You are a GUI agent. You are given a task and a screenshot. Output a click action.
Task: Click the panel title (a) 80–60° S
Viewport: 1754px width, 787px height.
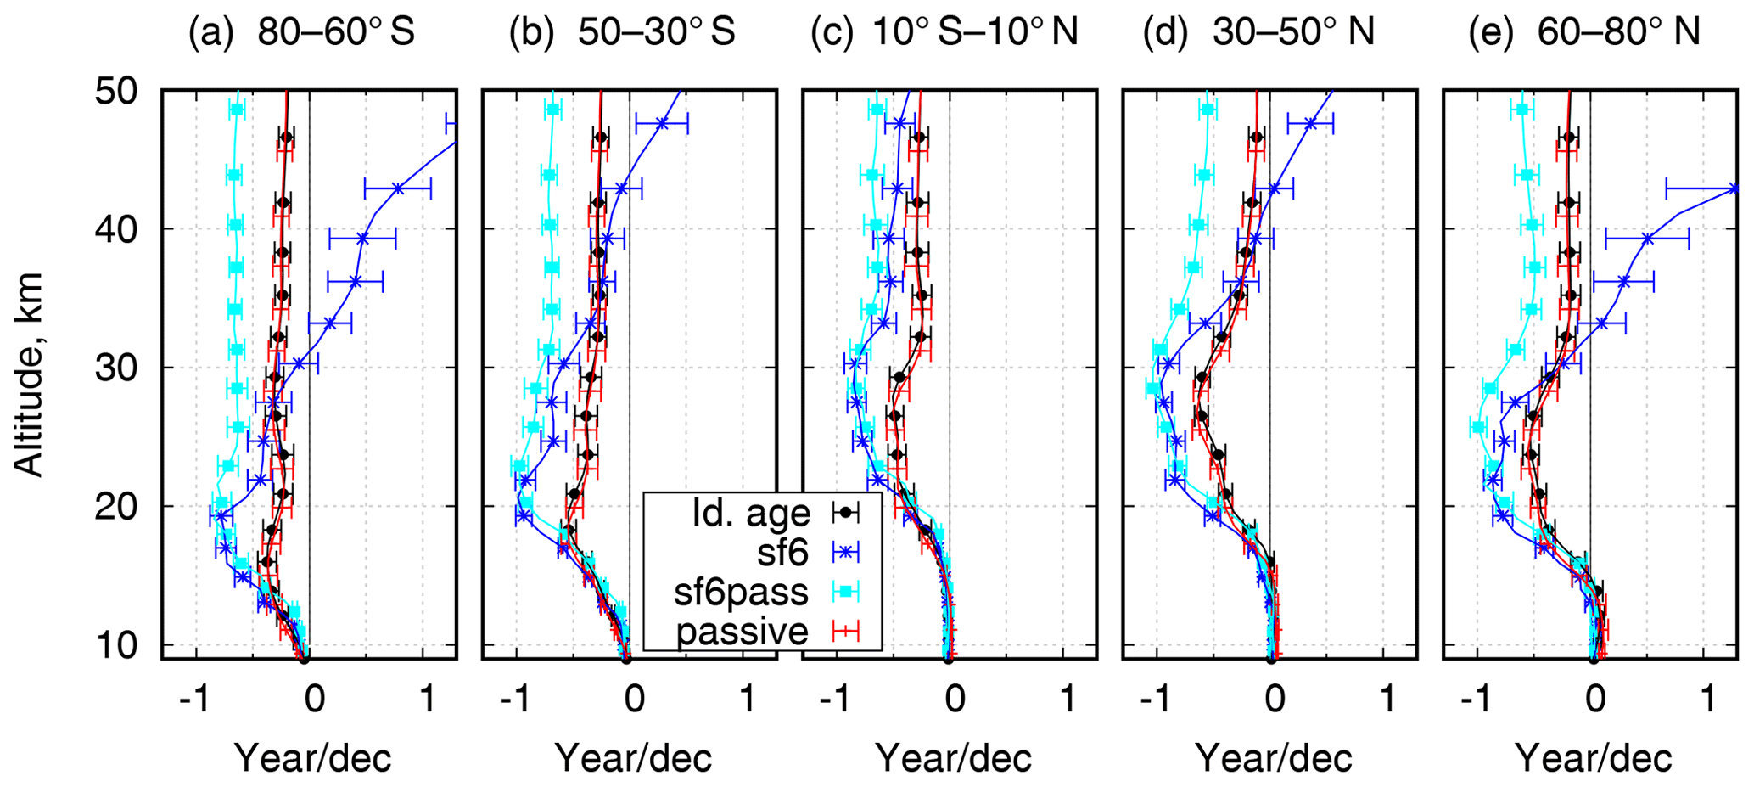pos(301,32)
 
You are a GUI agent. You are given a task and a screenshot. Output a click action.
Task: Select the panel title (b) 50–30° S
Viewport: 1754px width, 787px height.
pos(621,32)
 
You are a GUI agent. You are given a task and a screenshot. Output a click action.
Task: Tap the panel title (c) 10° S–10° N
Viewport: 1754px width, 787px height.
pos(944,32)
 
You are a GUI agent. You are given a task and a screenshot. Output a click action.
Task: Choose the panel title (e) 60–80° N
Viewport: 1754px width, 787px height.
pos(1583,32)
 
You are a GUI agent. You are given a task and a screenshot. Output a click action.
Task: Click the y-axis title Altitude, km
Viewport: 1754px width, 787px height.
pos(30,374)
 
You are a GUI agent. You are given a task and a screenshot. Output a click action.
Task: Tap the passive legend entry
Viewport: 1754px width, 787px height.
pos(743,632)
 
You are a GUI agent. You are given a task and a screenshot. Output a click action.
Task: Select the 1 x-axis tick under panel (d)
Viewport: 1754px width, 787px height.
pos(1387,701)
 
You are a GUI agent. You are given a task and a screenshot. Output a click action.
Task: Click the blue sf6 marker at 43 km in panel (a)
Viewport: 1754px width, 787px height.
pos(397,188)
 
